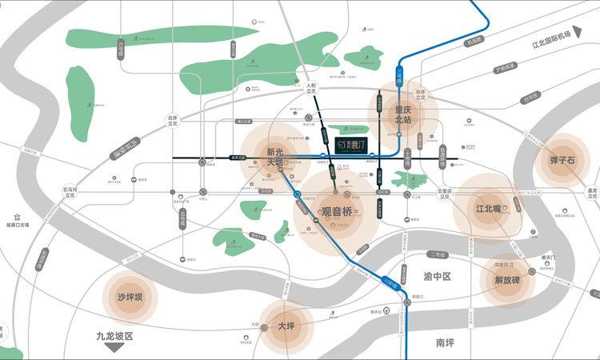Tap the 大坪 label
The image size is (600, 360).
286,326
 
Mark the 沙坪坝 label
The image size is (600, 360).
130,298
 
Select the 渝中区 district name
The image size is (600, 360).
437,276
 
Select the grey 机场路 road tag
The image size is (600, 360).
477,40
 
